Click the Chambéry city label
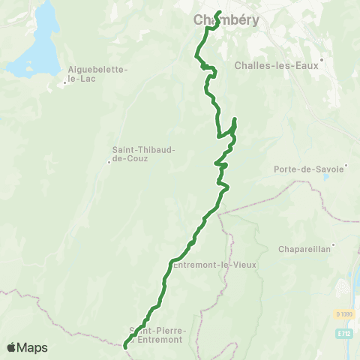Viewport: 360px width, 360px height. tap(226, 20)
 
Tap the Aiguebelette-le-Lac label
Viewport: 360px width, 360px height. tap(97, 73)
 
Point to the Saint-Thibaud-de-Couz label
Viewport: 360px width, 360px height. tap(143, 154)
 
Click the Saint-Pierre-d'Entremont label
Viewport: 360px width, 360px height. tap(157, 334)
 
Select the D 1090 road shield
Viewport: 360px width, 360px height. tap(343, 313)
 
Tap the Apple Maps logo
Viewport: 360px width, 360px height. tap(27, 347)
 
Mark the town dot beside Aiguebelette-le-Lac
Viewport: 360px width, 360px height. tap(65, 82)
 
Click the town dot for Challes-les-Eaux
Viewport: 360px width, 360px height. tap(321, 58)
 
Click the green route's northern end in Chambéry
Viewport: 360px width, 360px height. tap(217, 12)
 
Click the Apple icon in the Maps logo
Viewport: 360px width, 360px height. tap(12, 347)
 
